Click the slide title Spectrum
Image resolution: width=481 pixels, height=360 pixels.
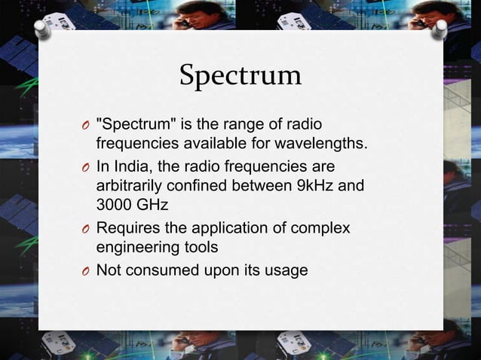(x=240, y=75)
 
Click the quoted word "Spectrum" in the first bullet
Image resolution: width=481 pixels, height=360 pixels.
(x=130, y=123)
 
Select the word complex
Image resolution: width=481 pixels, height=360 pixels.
(x=323, y=227)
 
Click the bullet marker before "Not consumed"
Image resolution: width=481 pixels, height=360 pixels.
(x=87, y=271)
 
